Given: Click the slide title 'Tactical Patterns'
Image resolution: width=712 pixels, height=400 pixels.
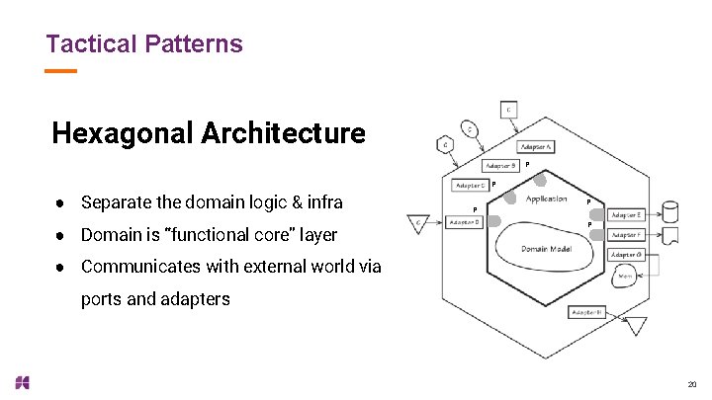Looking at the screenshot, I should (144, 43).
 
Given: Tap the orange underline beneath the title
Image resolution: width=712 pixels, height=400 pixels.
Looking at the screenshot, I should (60, 71).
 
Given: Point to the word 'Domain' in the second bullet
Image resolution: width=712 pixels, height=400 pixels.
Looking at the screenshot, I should (114, 235).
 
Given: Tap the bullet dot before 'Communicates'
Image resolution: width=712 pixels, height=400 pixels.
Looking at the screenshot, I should (60, 267).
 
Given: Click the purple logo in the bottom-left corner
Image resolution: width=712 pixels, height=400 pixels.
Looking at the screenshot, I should (23, 382).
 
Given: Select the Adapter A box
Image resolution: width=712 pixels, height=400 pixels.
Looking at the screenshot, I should (534, 146).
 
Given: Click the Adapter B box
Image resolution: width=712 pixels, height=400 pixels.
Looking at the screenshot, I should (501, 166).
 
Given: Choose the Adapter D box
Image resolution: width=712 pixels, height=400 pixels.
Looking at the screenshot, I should (465, 222).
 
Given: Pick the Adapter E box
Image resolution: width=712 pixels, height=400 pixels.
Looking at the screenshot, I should (626, 214).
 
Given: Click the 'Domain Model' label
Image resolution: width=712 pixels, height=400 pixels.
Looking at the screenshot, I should (545, 248).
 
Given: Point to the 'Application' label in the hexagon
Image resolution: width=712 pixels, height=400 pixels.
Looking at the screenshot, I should (546, 200).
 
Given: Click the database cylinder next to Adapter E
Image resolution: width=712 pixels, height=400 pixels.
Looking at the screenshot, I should (669, 211).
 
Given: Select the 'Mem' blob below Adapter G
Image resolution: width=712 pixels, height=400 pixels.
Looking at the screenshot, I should (625, 278).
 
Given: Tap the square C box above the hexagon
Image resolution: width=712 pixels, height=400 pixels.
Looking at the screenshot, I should (508, 110).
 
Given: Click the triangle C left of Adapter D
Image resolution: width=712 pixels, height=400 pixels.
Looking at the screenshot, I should (419, 225).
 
